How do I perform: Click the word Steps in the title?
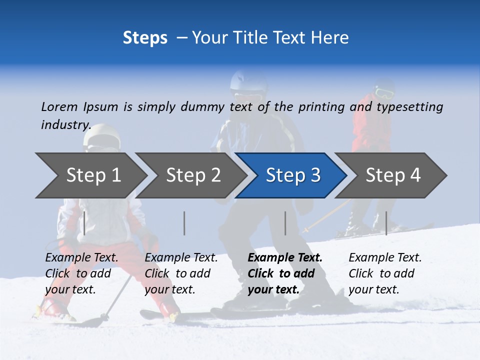click(x=145, y=38)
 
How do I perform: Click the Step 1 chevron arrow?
click(x=93, y=175)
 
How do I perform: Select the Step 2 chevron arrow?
click(x=193, y=175)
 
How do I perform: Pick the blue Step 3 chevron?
click(x=293, y=175)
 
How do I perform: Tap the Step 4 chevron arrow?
click(x=393, y=175)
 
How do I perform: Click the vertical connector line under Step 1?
click(x=84, y=223)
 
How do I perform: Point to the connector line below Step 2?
click(x=184, y=223)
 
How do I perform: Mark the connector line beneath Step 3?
click(x=285, y=223)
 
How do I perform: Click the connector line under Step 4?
click(x=386, y=223)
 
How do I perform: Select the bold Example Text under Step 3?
click(x=285, y=273)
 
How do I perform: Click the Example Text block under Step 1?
click(x=81, y=273)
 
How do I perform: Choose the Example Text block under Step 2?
click(x=181, y=273)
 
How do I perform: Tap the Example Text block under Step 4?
click(x=385, y=273)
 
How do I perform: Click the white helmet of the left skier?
click(x=102, y=133)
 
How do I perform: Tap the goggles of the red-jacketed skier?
click(x=383, y=93)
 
